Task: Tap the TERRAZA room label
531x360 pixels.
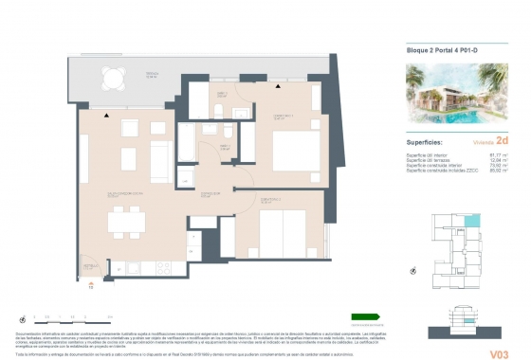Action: [x=152, y=73]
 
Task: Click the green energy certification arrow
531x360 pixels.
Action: [x=364, y=316]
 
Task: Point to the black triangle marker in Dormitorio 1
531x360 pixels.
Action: [x=278, y=87]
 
